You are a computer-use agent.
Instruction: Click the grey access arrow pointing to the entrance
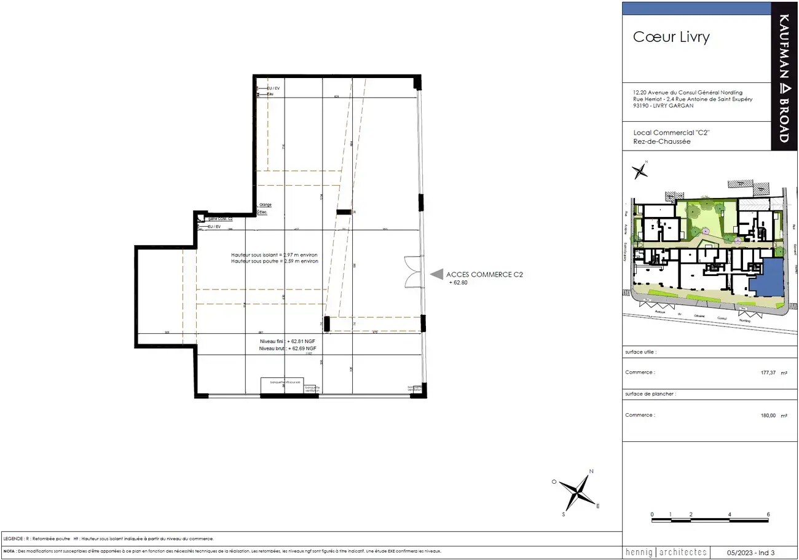click(x=436, y=275)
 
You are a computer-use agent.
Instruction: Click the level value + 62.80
click(x=459, y=282)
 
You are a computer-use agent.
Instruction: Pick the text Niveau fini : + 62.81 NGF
click(x=288, y=341)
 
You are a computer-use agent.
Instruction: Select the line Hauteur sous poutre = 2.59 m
click(x=275, y=261)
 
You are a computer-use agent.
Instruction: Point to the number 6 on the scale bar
click(x=768, y=514)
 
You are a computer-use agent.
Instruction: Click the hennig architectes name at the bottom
click(x=666, y=552)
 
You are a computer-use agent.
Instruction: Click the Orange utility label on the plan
click(x=266, y=205)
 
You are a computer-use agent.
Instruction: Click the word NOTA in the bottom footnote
click(x=9, y=551)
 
